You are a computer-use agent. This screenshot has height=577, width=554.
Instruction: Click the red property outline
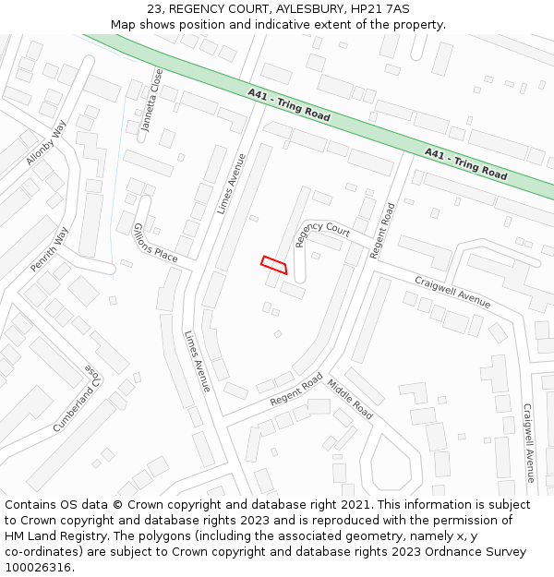(x=274, y=265)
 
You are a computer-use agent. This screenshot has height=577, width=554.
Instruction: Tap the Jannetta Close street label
(x=151, y=100)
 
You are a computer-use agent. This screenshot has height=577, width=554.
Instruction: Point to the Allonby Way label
(x=47, y=143)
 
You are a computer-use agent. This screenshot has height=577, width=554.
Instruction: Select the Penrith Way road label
(x=49, y=249)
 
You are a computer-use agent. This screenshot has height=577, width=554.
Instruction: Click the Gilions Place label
(x=154, y=243)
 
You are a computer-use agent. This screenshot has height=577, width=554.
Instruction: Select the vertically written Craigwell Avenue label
(x=529, y=443)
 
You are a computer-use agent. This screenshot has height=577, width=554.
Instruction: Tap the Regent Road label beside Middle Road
(x=296, y=390)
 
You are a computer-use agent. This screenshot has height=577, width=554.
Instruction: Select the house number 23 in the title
(x=154, y=9)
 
